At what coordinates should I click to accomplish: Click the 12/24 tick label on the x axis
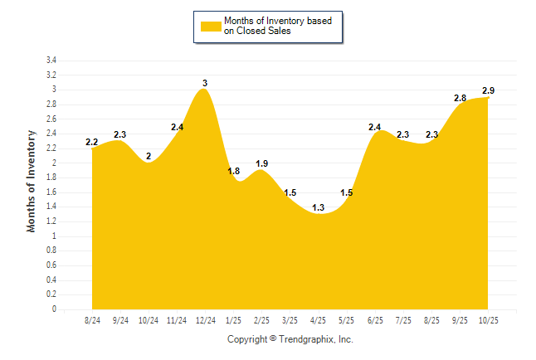coord(205,319)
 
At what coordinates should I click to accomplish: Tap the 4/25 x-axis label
coord(318,319)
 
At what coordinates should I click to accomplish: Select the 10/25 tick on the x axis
coord(487,319)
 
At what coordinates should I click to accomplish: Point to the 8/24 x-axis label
coord(92,319)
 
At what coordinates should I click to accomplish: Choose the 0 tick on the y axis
coord(54,309)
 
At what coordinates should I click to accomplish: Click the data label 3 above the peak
coord(205,83)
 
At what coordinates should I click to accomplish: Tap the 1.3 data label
coord(318,207)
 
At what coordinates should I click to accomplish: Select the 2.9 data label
coord(489,90)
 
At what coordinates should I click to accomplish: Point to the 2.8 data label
coord(460,98)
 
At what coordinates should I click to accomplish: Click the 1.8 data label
coord(233,171)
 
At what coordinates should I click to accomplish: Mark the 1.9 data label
coord(261,163)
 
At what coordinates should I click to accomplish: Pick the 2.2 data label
coord(92,142)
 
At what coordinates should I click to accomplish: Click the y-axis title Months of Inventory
coord(32,180)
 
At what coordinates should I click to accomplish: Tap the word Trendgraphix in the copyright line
coord(305,339)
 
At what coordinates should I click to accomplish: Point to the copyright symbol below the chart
coord(273,339)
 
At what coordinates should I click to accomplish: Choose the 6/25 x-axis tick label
coord(374,319)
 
